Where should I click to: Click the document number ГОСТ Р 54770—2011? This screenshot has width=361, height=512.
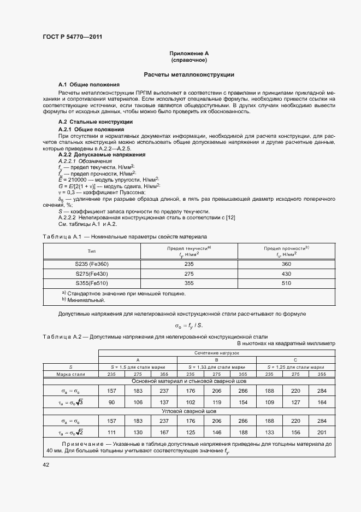(72, 37)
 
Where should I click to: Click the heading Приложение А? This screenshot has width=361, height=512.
(189, 53)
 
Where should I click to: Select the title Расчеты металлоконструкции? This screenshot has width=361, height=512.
(189, 74)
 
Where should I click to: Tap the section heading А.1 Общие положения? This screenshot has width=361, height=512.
(89, 85)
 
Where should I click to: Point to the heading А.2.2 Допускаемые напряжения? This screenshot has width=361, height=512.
(98, 155)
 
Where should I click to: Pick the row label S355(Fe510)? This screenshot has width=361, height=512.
(92, 283)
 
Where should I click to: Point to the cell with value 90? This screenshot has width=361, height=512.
(112, 402)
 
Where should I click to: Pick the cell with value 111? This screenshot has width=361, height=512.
(112, 432)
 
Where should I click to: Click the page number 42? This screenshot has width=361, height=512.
(46, 464)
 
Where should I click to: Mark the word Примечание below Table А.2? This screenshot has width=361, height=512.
(79, 444)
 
